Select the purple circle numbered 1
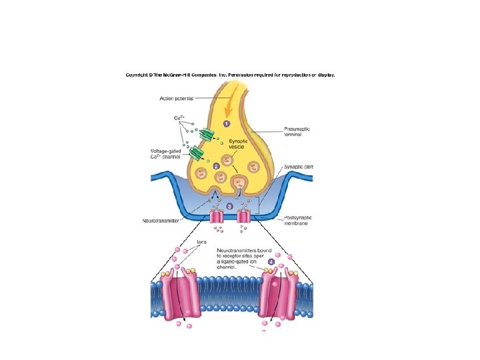pos(226,124)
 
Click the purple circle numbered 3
pos(230,207)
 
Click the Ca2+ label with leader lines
pos(179,118)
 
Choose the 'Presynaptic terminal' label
pos(297,131)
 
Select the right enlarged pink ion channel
pos(277,295)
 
